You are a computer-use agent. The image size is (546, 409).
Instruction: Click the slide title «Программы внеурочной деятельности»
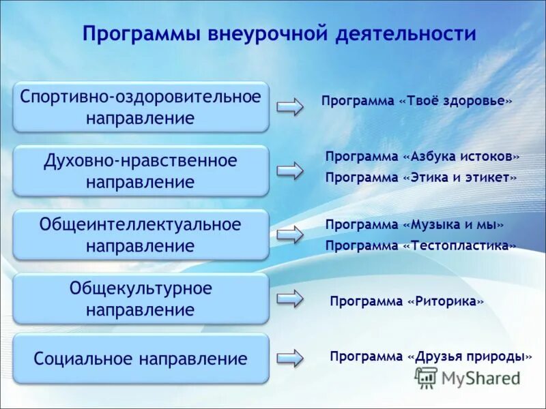click(x=278, y=34)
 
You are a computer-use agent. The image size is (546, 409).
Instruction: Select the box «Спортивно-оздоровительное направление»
click(x=141, y=107)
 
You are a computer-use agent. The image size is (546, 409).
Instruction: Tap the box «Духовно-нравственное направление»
click(x=141, y=171)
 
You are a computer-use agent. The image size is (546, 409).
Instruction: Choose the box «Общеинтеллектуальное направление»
click(x=141, y=234)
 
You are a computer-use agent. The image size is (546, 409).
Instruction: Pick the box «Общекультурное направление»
click(x=141, y=299)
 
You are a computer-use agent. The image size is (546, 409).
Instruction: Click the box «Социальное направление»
click(x=141, y=359)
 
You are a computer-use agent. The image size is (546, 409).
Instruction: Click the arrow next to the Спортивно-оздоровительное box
click(x=289, y=107)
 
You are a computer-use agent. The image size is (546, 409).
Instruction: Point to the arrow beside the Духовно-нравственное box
click(x=289, y=170)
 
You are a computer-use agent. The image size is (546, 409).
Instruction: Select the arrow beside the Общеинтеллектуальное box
click(x=289, y=234)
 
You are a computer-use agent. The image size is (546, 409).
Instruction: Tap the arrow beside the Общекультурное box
click(x=289, y=298)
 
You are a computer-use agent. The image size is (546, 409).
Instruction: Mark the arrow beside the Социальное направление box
click(x=289, y=358)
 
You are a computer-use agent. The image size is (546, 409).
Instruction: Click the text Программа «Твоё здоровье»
click(x=416, y=101)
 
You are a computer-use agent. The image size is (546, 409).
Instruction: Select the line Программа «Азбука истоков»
click(x=422, y=156)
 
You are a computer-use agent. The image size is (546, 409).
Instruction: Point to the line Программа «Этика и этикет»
click(x=421, y=177)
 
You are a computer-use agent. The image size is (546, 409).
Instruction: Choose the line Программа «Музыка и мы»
click(x=414, y=224)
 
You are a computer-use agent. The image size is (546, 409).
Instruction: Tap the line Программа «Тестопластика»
click(x=420, y=245)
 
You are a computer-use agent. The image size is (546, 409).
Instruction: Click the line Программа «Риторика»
click(x=407, y=301)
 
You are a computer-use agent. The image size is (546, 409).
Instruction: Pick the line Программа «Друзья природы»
click(x=431, y=357)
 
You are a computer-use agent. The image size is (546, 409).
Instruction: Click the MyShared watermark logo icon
click(x=427, y=378)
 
